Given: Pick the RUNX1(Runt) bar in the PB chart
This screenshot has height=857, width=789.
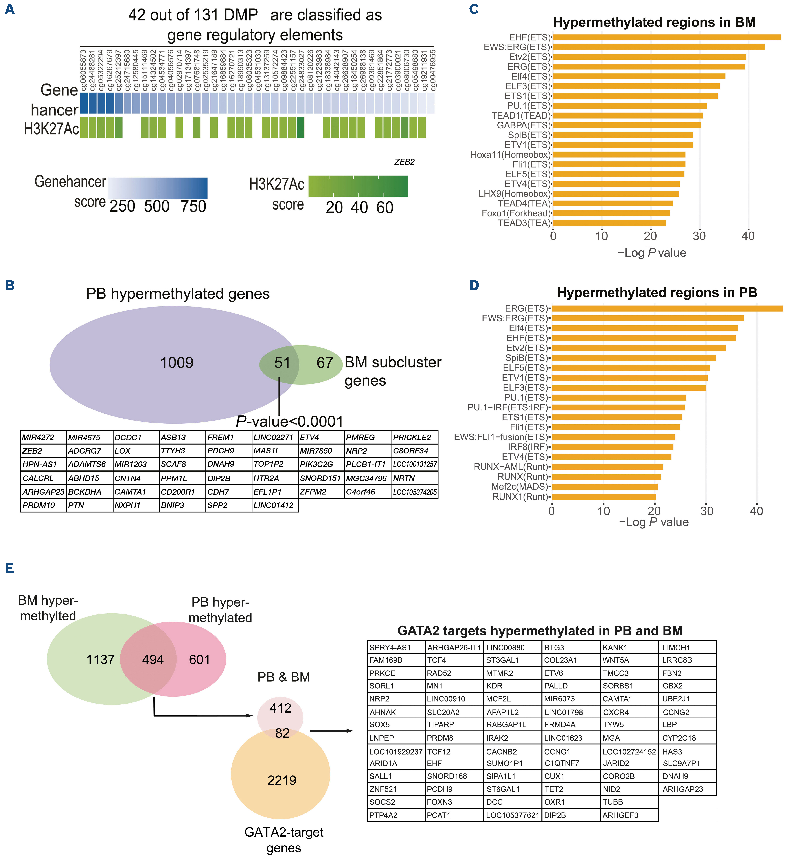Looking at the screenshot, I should (604, 497).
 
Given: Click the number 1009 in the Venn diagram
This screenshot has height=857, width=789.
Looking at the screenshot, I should (177, 363).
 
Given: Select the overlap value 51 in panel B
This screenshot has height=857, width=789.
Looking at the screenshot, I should (282, 363).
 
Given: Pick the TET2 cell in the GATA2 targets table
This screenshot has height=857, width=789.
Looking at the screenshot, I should (554, 789).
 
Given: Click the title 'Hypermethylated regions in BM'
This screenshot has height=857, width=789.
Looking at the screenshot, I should (654, 22).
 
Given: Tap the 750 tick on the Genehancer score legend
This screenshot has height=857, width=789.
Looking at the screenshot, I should (193, 206).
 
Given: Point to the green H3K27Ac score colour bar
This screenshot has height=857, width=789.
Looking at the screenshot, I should (358, 186).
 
